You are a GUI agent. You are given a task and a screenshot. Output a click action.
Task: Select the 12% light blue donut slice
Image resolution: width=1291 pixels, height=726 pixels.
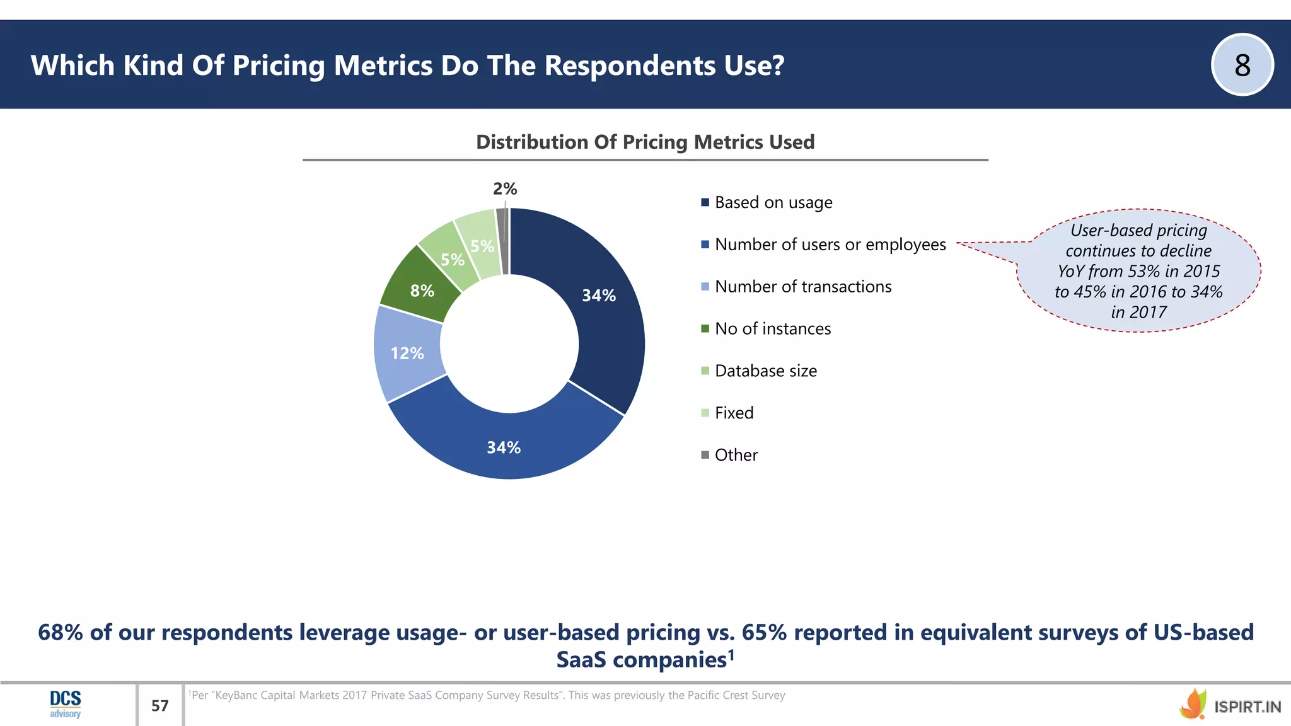coord(407,353)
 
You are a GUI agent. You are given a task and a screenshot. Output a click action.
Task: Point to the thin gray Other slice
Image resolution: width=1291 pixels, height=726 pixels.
coord(502,239)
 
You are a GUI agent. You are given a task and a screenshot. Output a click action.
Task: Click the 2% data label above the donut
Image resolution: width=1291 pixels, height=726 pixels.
coord(505,188)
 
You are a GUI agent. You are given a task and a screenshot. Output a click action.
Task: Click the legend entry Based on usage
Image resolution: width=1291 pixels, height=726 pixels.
coord(773,202)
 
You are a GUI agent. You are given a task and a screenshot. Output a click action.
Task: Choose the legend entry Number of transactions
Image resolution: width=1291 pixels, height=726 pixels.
coord(802,287)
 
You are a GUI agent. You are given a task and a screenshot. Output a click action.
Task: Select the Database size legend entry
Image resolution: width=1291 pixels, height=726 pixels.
coord(765,371)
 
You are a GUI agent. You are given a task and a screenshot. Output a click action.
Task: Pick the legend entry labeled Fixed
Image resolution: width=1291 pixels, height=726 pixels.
coord(734,413)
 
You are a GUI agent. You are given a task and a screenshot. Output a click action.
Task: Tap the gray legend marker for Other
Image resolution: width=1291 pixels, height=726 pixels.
coord(705,455)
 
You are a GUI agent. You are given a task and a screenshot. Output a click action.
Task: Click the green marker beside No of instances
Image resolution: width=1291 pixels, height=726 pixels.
coord(705,329)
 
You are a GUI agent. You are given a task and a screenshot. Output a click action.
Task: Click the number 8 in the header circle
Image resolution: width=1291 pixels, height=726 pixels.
coord(1242,65)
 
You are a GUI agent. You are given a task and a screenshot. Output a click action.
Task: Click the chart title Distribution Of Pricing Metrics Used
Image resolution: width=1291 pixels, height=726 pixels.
coord(645,142)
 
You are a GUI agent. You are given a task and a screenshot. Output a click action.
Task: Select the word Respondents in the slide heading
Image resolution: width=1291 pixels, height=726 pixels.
coord(630,66)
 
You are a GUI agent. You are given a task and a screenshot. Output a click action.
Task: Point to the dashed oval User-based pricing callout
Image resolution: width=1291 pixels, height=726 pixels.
coord(1138,270)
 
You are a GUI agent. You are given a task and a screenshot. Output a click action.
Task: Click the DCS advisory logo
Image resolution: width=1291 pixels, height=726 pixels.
coord(66,704)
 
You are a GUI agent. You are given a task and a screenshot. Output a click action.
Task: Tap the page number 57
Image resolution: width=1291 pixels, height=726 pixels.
coord(160,705)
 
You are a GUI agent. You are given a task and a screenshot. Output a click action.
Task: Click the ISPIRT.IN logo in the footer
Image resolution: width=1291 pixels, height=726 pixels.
coord(1230,705)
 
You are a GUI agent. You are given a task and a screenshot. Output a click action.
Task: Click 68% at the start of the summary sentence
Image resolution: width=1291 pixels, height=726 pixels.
coord(60,632)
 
